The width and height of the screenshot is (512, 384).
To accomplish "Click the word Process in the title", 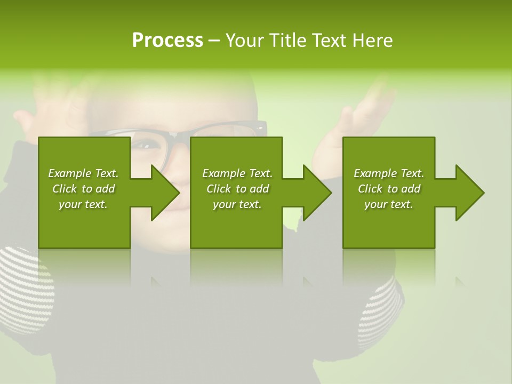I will click(x=167, y=41).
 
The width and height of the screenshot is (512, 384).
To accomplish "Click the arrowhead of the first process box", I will click(x=165, y=193).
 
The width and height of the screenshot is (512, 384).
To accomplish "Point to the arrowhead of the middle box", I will click(x=317, y=193).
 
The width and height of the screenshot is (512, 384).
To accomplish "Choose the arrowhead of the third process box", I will click(x=470, y=193).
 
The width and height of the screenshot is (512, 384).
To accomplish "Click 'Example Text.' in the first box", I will click(x=83, y=173).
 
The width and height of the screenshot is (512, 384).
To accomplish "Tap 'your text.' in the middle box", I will click(x=237, y=204).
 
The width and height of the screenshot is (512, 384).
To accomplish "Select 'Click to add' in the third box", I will click(x=389, y=189).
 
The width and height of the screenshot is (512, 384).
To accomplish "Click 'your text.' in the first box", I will click(x=83, y=204).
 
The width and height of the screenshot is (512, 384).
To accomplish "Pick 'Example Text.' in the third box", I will click(x=389, y=173).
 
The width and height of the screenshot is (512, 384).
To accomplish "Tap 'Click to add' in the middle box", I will click(x=237, y=189).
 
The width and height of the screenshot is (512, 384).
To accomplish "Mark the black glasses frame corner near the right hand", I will click(x=260, y=127).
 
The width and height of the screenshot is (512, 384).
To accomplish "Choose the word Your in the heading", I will click(x=246, y=41).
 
